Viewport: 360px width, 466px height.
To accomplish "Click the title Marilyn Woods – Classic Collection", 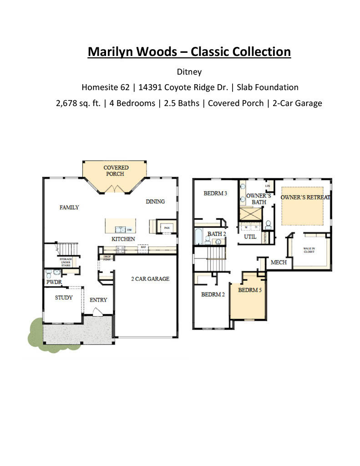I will pos(189,51).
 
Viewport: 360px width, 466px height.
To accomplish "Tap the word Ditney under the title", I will pos(189,72).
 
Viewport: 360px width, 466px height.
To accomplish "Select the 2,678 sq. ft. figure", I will pos(78,103).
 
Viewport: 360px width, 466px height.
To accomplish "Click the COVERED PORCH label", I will pos(116,171).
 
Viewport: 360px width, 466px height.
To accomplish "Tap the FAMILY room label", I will pos(69,208).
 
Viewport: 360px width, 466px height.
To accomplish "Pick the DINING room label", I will pos(155,202).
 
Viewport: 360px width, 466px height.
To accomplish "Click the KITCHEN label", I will pos(123,239).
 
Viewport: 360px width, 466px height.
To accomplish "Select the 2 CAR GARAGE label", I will pos(150,279).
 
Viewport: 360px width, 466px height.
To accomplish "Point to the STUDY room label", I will pos(64,298).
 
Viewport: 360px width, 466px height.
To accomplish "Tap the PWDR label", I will pos(54,282).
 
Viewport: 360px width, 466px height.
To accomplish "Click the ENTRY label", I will pos(98,300).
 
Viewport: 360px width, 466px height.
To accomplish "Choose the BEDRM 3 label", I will pos(215,193).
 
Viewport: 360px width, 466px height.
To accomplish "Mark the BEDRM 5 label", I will pos(250,290).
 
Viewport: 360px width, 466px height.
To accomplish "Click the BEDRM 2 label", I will pos(213,294).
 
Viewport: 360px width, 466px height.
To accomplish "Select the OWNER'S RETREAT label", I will pos(305,198).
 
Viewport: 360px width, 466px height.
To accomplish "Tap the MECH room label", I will pos(279,263).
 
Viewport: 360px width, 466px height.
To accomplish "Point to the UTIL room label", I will pos(250,237).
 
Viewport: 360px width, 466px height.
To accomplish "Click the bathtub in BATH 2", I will pos(199,237).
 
